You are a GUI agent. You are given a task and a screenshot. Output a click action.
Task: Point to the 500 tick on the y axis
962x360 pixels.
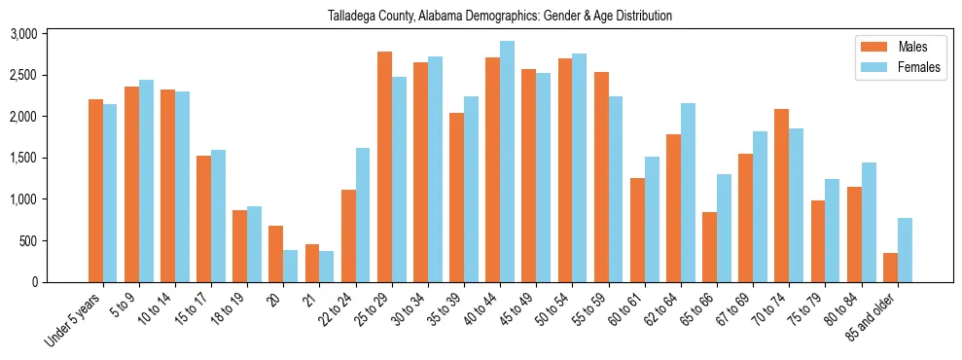29,240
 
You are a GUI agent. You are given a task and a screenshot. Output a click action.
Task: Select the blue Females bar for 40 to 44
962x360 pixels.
508,162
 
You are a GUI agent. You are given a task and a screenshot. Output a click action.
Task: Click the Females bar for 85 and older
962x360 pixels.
905,250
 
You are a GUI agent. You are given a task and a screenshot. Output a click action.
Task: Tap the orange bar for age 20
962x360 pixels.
276,254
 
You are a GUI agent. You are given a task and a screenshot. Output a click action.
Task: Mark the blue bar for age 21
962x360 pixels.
327,267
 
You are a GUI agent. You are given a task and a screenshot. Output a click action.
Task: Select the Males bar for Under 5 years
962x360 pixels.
95,191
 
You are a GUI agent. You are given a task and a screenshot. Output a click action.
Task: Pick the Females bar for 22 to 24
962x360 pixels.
363,215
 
